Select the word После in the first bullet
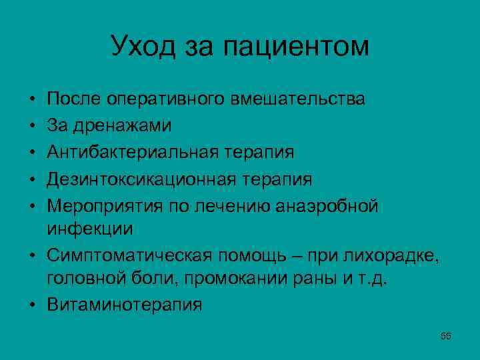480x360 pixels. (x=73, y=99)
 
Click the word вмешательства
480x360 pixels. (x=297, y=99)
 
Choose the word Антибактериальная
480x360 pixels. (x=129, y=152)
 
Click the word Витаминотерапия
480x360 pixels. (x=124, y=305)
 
